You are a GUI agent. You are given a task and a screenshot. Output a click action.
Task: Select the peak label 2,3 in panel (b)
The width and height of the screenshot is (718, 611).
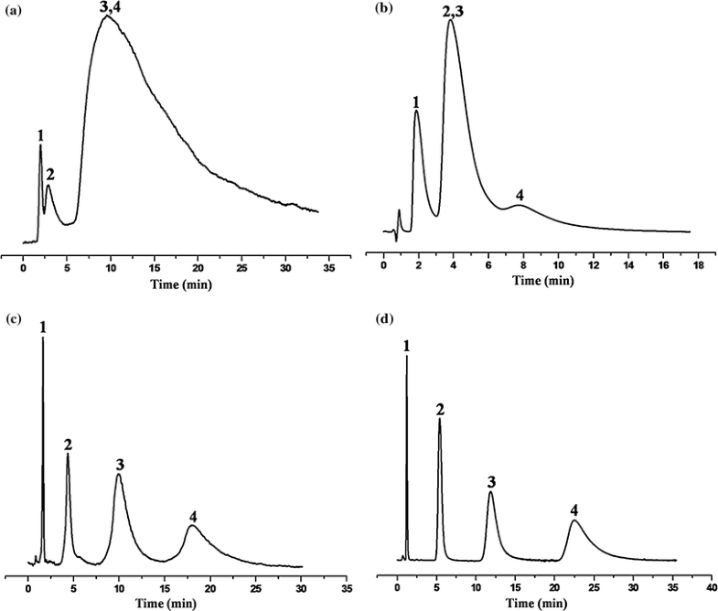pos(450,11)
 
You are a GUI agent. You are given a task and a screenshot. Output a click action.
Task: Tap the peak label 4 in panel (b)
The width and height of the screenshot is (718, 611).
pos(520,195)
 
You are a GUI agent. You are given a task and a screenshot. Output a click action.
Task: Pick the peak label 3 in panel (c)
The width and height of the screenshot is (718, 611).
pos(120,465)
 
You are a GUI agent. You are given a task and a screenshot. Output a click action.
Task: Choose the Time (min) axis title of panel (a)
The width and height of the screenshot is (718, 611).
pos(177,285)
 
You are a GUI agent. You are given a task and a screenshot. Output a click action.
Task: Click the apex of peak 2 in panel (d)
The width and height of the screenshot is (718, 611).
pos(440,420)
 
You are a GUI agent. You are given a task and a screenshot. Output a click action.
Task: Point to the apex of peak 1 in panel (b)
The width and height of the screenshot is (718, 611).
pos(417,112)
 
